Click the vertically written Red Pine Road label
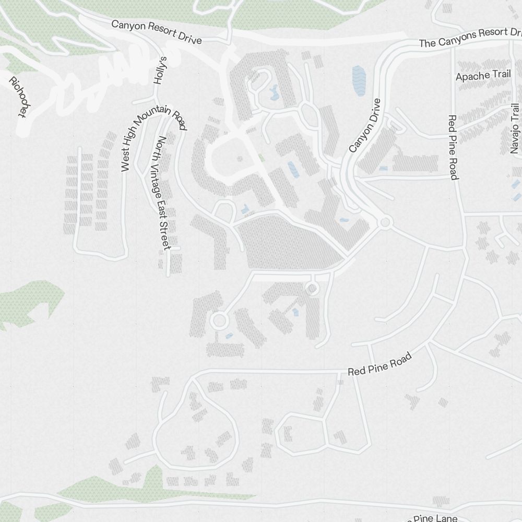(453, 147)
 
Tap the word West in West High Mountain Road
(125, 163)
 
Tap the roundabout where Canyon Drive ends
(385, 223)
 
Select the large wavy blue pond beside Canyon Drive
(360, 81)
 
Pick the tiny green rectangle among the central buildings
(261, 157)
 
